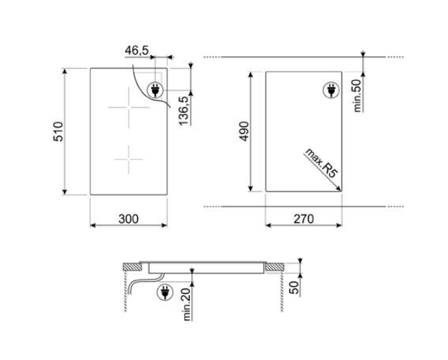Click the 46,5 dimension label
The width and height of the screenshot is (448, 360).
click(137, 51)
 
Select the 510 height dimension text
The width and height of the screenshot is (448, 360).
click(58, 131)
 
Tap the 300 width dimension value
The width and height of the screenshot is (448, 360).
click(129, 219)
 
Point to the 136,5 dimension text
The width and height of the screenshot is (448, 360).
click(184, 111)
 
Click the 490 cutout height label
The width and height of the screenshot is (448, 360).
click(244, 131)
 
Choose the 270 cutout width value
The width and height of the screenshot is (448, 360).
click(304, 219)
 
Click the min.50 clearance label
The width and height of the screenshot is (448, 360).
click(357, 96)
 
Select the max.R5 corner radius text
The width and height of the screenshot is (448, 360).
click(321, 163)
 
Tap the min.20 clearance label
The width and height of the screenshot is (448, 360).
click(186, 304)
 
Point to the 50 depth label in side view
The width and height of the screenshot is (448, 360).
click(294, 288)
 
